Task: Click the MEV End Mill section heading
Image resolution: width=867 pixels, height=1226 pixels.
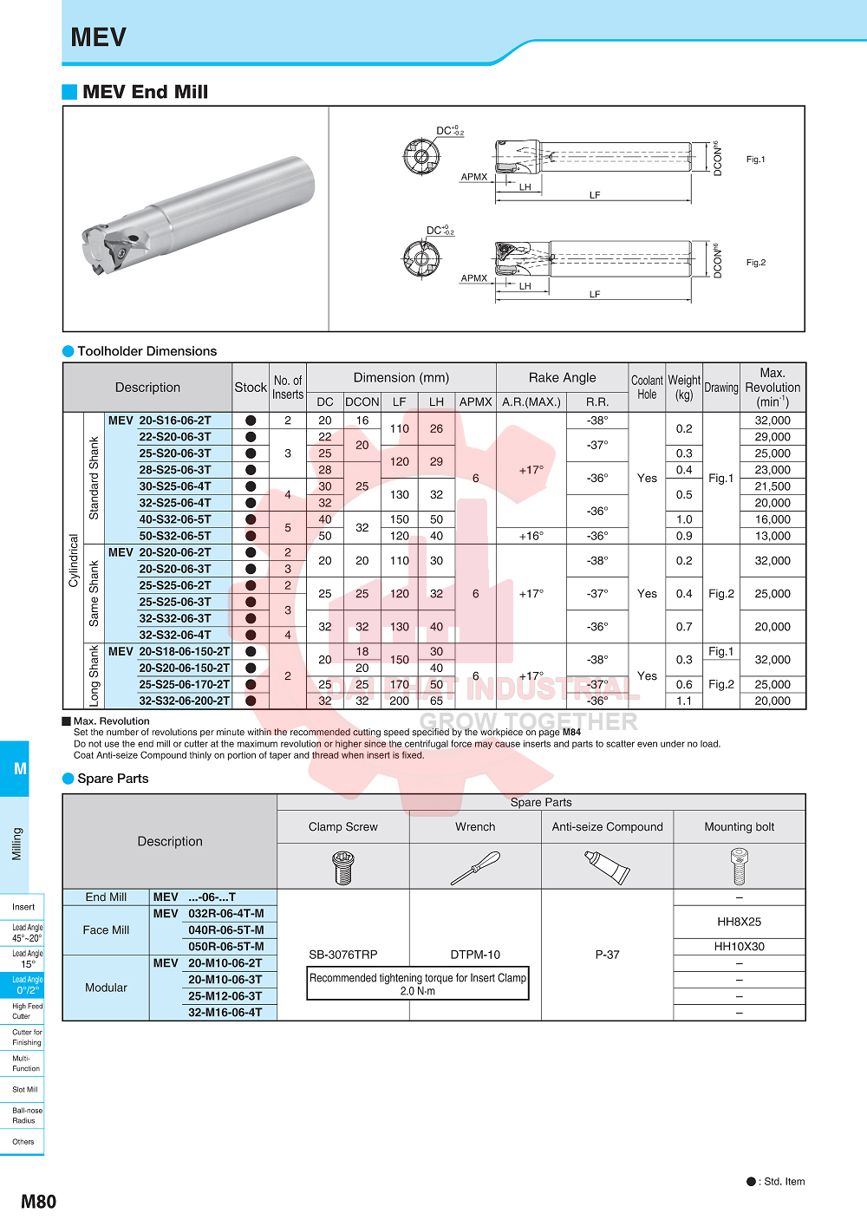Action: coord(145,92)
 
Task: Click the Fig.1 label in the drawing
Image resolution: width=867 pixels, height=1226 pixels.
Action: coord(755,160)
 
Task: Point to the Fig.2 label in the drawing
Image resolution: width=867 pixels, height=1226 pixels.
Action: coord(755,263)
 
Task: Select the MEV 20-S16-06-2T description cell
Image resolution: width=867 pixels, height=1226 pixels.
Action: coord(160,421)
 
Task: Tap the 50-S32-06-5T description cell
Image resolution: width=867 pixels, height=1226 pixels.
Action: coord(174,536)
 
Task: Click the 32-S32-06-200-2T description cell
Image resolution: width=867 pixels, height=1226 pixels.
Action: coord(184,701)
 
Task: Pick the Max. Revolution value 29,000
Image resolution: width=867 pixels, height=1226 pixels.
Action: coord(772,437)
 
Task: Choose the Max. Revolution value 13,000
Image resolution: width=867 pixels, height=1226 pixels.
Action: coord(772,536)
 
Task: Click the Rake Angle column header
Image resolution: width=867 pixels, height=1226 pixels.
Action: coord(562,377)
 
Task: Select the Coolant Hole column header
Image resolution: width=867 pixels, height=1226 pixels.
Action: coord(647,387)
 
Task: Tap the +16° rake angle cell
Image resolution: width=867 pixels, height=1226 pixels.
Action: coord(531,536)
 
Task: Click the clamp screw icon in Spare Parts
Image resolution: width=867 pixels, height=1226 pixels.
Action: coord(343,866)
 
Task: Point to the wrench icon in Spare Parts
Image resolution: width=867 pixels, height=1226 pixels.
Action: coord(475,866)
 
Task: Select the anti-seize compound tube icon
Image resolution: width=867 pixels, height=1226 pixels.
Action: coord(607,866)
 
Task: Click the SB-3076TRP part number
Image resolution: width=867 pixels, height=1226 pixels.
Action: coord(343,955)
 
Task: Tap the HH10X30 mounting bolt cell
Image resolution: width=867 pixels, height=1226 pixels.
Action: coord(739,947)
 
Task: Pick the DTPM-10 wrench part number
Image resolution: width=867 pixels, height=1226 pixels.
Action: coord(475,955)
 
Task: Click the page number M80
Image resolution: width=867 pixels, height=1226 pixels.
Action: coord(38,1202)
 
